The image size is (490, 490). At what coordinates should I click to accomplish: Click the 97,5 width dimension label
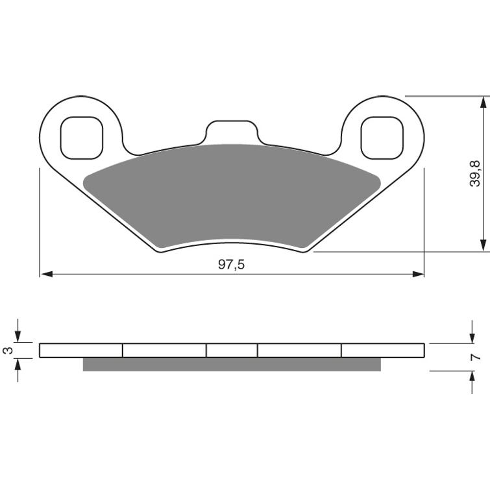click(231, 265)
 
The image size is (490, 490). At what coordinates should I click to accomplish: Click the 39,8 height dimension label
click(476, 173)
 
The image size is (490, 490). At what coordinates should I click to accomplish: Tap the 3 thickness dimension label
click(8, 350)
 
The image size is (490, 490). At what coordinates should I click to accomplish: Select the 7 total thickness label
click(476, 357)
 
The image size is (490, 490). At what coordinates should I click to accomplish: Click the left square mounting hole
click(81, 137)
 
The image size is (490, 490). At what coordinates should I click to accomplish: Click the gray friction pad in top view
click(232, 195)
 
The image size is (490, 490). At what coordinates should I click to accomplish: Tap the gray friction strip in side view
click(232, 364)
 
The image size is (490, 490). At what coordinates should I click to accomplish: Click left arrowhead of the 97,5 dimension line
click(45, 275)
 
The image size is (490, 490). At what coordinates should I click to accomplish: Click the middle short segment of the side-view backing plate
click(232, 350)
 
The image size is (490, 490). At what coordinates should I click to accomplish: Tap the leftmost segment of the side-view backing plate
click(81, 350)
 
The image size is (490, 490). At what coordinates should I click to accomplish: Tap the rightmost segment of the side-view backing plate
click(383, 350)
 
